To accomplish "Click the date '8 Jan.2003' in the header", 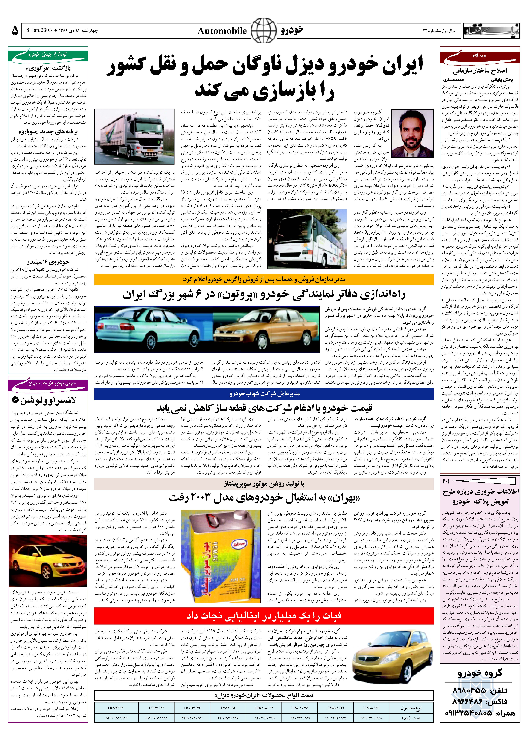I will [39, 31].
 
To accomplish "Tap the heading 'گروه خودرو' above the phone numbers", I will [480, 673].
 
